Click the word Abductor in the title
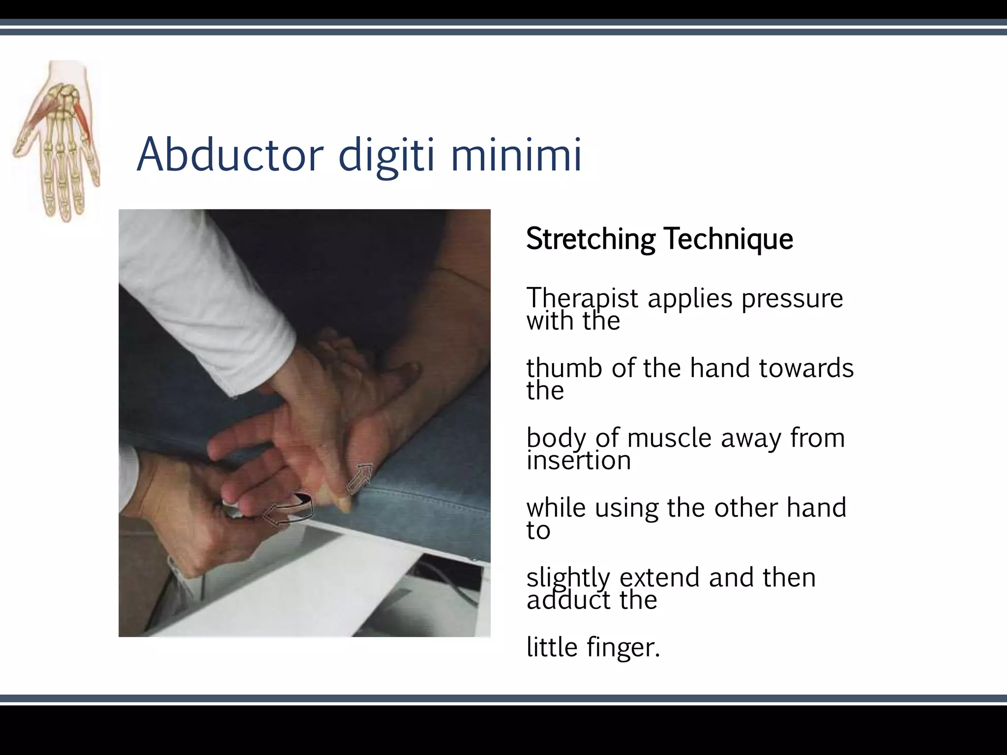(x=230, y=155)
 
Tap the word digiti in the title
(x=386, y=156)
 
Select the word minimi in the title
(x=516, y=155)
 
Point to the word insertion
(x=579, y=461)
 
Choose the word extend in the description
(x=659, y=577)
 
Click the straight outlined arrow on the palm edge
(x=359, y=478)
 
